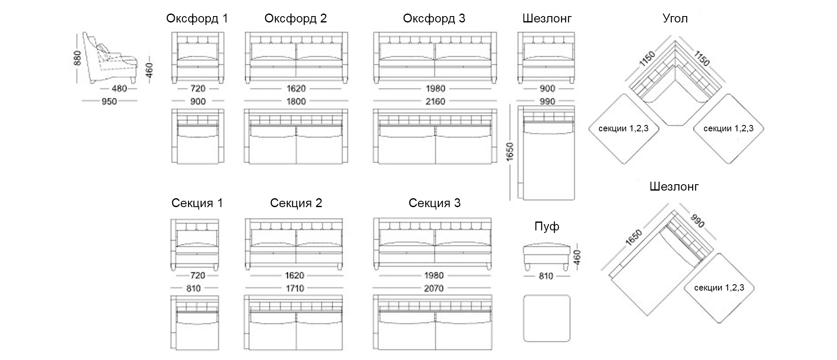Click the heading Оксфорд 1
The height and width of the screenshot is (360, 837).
197,19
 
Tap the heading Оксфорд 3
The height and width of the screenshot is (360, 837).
434,19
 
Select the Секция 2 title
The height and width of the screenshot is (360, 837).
296,203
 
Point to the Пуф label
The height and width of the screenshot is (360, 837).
547,227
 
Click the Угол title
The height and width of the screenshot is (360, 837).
675,19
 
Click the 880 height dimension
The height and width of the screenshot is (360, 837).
77,58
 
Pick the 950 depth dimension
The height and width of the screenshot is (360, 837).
109,102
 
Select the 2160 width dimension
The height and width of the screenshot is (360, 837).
435,102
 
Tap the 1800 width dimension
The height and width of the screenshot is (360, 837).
296,102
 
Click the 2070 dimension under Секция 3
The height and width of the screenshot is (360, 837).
434,288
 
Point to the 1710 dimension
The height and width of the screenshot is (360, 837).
295,288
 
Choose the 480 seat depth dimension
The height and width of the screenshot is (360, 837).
119,89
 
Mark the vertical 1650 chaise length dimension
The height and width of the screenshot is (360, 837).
510,151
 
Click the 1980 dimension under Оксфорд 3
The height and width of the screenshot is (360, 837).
435,89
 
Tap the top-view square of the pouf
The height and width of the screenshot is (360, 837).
546,318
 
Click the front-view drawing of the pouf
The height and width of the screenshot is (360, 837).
546,256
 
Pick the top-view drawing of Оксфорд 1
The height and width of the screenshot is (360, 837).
198,136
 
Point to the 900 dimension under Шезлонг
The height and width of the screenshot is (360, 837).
547,89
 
